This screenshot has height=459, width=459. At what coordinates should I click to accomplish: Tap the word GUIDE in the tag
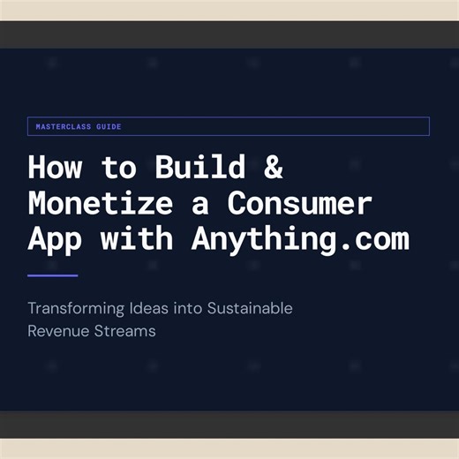[x=108, y=127]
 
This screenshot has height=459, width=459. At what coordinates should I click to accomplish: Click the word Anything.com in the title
[x=300, y=238]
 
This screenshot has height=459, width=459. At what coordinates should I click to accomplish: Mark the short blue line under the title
[x=53, y=275]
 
